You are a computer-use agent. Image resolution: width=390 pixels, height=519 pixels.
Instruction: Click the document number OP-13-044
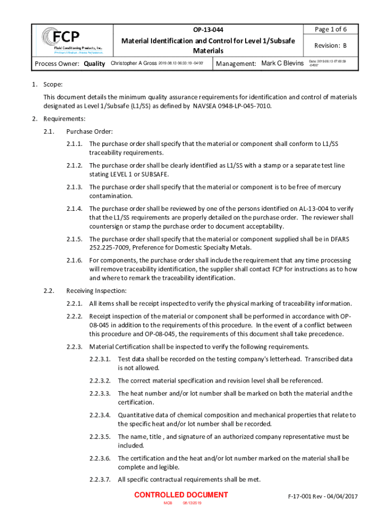(x=208, y=29)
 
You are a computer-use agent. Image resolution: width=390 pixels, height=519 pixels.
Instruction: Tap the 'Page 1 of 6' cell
(x=331, y=29)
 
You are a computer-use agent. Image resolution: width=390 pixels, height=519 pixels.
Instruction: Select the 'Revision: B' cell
(x=331, y=46)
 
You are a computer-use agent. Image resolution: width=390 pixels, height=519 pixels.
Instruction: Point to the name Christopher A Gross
(x=134, y=63)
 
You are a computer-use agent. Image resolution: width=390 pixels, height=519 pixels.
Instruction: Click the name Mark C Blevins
(x=282, y=63)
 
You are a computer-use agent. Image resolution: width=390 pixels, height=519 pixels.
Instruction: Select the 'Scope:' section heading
(x=53, y=85)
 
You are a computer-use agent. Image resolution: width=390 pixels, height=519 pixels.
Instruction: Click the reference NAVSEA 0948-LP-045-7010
(x=232, y=106)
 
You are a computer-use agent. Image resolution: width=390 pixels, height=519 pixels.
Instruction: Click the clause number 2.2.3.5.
(x=100, y=436)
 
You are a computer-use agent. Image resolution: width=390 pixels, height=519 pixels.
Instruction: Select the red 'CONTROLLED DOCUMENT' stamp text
(x=181, y=495)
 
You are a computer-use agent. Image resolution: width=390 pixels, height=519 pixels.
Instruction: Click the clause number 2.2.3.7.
(x=100, y=479)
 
